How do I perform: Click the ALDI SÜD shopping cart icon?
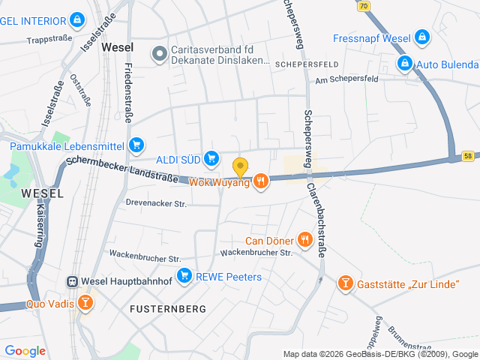tap(211, 157)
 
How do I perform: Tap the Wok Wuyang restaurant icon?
tap(261, 181)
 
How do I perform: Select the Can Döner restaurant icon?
tap(304, 240)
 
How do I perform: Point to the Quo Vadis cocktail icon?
tap(86, 303)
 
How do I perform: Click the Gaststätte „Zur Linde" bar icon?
tap(345, 283)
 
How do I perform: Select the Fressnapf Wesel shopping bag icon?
tap(423, 36)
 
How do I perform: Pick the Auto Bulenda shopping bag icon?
tap(405, 63)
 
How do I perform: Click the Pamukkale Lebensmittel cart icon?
tap(136, 145)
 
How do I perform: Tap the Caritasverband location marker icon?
tap(158, 53)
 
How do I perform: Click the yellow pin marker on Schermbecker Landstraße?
tap(240, 167)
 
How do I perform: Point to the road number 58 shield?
tap(467, 156)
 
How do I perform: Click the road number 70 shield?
tap(364, 5)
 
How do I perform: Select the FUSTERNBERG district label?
tap(163, 308)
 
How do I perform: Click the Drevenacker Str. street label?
tap(156, 202)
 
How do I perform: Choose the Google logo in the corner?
tap(25, 351)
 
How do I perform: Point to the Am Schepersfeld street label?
tap(346, 79)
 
